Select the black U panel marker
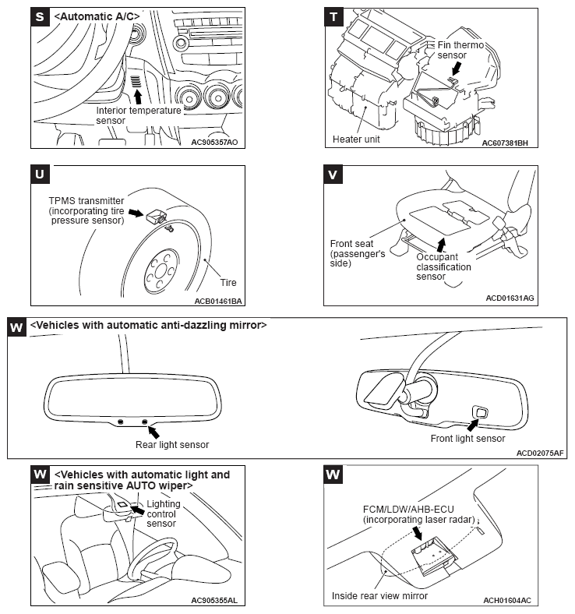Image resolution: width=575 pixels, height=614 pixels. click(41, 174)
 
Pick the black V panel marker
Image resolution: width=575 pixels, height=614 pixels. click(334, 174)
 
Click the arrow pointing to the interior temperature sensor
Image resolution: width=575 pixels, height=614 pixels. click(139, 96)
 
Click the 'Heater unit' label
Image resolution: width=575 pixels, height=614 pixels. click(355, 139)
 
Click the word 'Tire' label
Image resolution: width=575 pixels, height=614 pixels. click(228, 282)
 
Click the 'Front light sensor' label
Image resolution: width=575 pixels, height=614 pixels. click(467, 439)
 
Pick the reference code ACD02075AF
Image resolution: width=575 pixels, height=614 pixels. click(540, 452)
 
